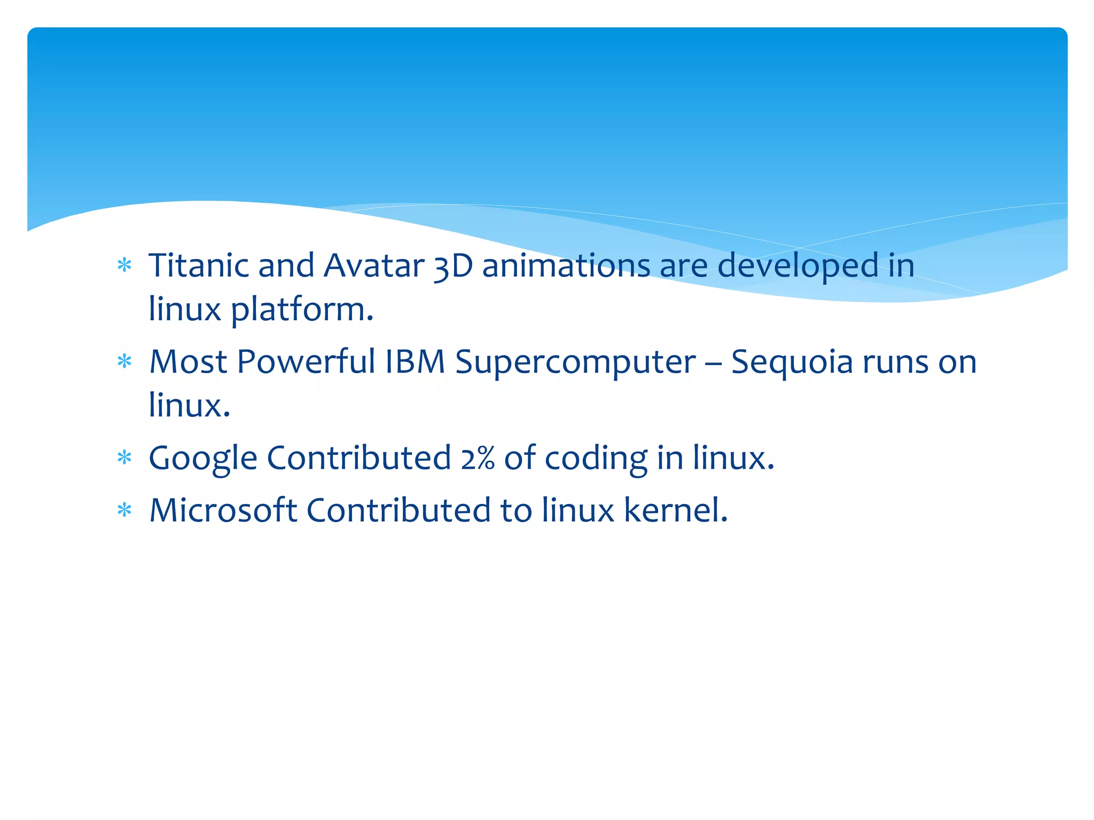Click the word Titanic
point(198,265)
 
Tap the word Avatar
point(374,265)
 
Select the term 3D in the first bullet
point(453,266)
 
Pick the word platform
point(302,310)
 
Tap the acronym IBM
point(415,361)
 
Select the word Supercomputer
point(576,362)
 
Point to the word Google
point(203,459)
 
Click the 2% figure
point(478,459)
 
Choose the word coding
point(596,459)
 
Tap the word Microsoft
point(223,510)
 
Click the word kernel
point(676,510)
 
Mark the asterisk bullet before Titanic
point(124,265)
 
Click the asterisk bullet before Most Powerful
point(124,362)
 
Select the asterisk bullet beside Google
point(124,458)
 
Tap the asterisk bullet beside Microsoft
point(124,510)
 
